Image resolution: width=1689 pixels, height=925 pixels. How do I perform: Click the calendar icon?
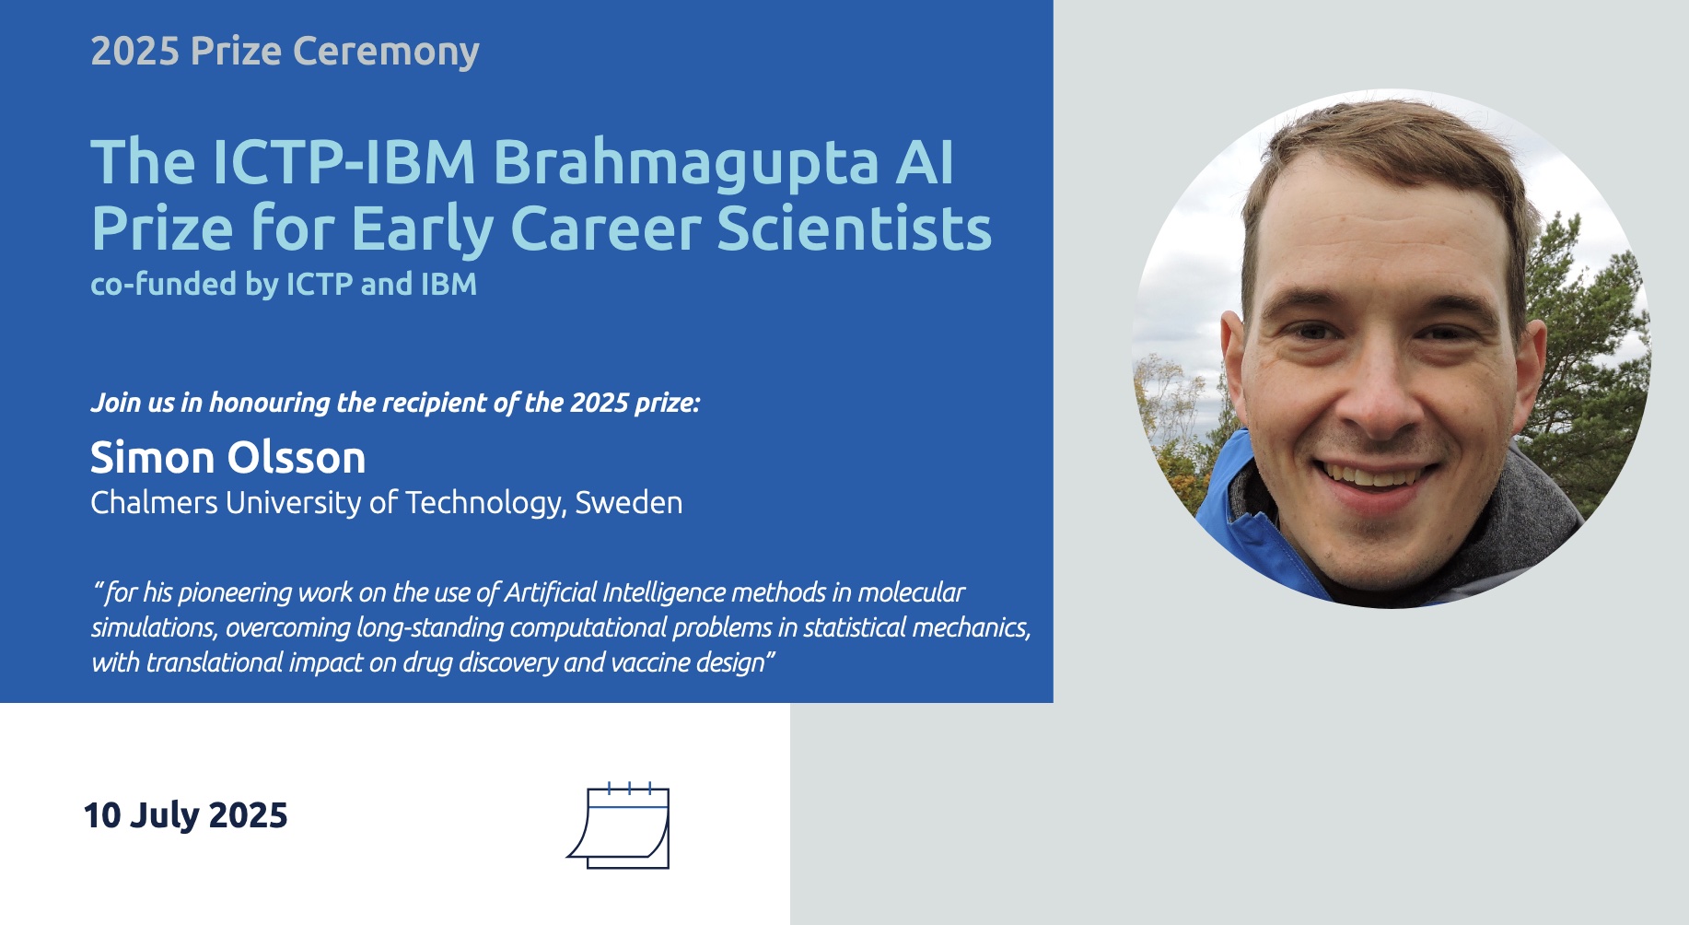618,825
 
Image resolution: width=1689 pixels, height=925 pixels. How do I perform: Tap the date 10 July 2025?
186,815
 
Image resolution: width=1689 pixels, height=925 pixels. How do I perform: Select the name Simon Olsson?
228,457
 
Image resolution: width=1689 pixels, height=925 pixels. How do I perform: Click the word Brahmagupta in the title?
686,164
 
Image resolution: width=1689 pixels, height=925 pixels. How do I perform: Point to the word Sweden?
629,503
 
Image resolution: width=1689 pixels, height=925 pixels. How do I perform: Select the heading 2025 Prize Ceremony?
285,52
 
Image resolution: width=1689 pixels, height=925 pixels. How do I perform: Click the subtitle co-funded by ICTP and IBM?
284,284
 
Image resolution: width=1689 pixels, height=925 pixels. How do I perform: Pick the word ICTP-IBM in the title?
344,163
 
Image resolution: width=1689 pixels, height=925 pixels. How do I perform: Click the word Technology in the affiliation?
484,504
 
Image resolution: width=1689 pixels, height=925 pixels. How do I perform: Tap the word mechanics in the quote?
972,628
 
